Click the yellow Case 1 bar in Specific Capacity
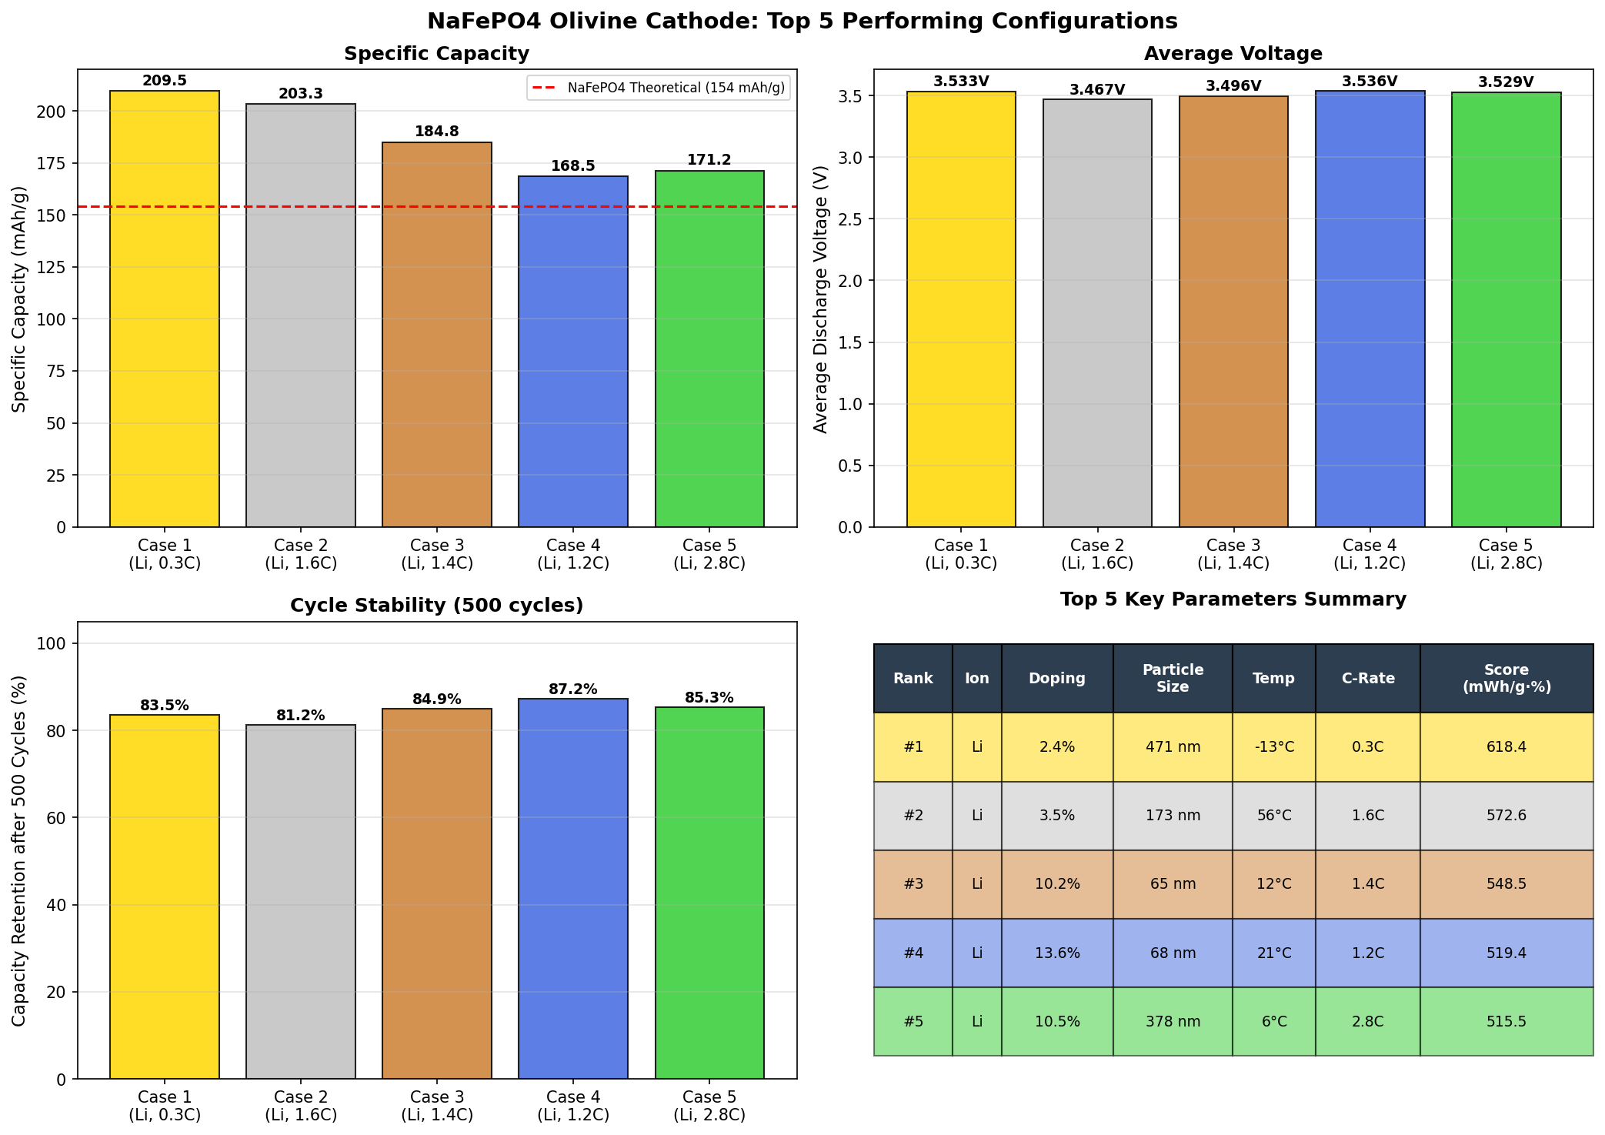165,308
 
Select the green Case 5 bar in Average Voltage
1506,308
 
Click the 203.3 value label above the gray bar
301,94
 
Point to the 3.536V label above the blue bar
1370,81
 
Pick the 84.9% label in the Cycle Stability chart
437,699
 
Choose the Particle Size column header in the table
1173,678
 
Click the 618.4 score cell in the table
1506,747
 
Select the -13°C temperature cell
1273,747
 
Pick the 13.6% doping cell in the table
1057,953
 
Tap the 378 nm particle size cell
1173,1022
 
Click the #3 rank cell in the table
913,884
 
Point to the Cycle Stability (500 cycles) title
436,606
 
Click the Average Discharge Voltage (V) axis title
821,299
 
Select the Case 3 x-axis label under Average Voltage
1233,554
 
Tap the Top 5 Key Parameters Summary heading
1233,599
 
